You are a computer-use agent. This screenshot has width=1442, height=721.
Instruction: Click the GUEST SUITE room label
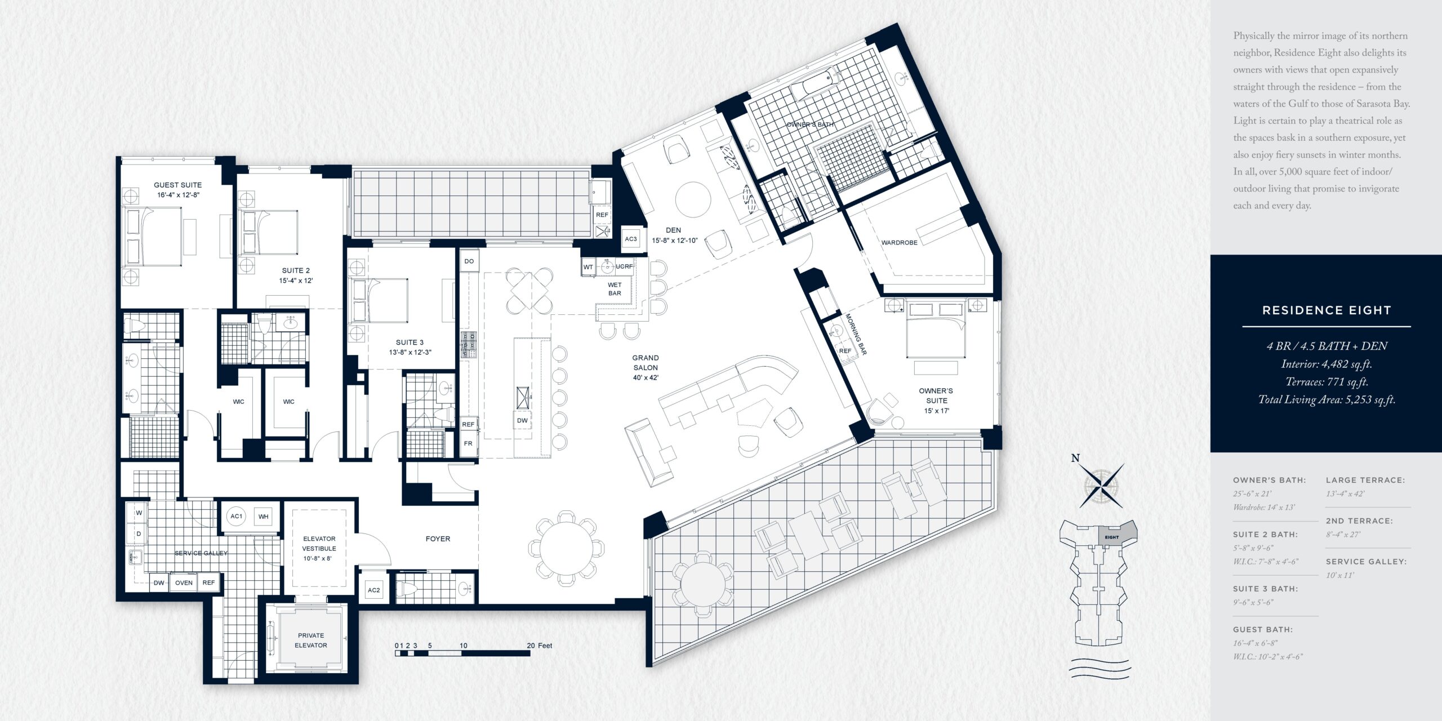[x=177, y=185]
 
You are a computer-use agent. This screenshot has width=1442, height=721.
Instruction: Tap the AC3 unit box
[x=631, y=239]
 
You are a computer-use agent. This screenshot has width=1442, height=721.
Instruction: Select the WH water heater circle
[x=264, y=517]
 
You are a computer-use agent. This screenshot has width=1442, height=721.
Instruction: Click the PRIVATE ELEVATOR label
[x=311, y=640]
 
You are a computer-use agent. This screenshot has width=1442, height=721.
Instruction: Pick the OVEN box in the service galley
[x=184, y=582]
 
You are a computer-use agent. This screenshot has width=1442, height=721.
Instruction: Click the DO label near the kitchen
[x=469, y=261]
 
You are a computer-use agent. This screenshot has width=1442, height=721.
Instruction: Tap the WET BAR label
[x=615, y=289]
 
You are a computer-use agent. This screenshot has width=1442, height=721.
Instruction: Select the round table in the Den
[x=693, y=199]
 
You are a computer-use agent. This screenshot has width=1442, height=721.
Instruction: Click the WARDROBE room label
[x=899, y=243]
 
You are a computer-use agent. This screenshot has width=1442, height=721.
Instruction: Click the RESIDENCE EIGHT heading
[x=1327, y=310]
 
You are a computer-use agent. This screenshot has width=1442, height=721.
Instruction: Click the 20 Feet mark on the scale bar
[x=540, y=646]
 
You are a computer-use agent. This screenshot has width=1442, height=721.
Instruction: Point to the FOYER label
[x=438, y=539]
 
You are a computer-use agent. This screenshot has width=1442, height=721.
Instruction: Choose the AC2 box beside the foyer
[x=374, y=590]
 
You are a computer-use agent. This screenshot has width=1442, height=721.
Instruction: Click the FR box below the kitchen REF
[x=468, y=444]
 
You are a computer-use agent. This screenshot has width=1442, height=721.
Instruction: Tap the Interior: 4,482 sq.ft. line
[x=1327, y=364]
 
